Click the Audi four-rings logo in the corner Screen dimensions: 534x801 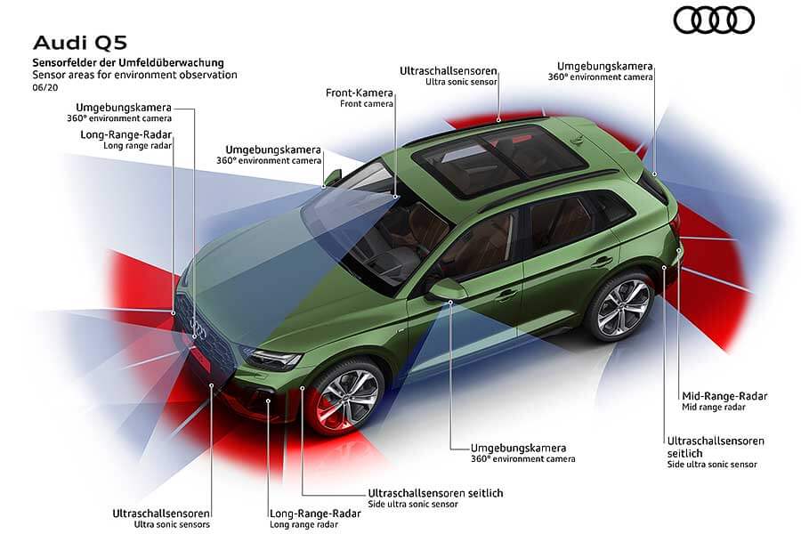click(x=713, y=20)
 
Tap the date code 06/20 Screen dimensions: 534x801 click(x=44, y=87)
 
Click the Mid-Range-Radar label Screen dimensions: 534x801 click(x=724, y=396)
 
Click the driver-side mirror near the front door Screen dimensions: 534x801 click(x=448, y=288)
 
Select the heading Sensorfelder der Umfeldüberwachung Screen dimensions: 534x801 click(x=127, y=62)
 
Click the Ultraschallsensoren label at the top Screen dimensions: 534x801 click(x=448, y=70)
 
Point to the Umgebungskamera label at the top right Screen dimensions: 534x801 click(x=605, y=66)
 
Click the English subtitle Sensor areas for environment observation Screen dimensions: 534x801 click(x=134, y=75)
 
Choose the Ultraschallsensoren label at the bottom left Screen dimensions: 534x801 click(x=161, y=514)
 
